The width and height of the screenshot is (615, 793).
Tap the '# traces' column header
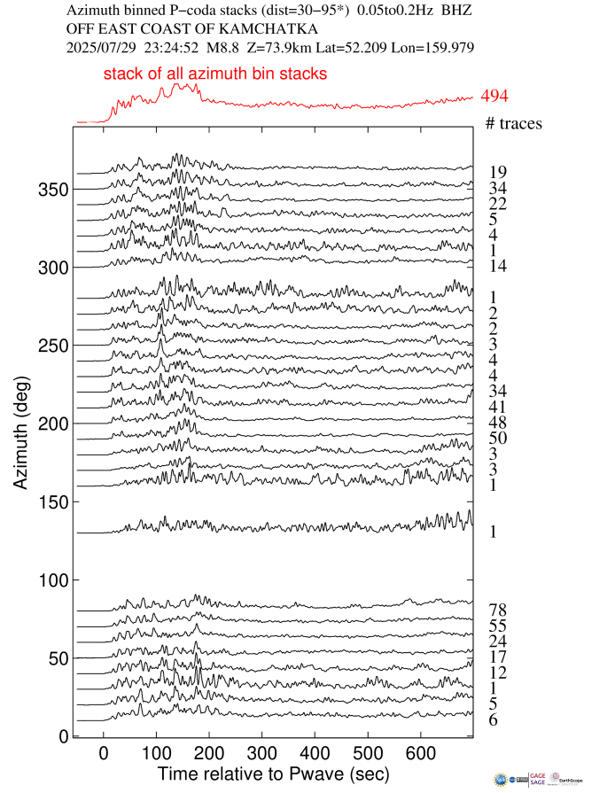(x=514, y=123)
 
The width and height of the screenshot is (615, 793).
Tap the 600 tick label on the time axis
(x=526, y=753)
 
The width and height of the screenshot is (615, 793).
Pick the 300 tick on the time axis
(x=262, y=753)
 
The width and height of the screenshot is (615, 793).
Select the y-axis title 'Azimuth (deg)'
(x=21, y=431)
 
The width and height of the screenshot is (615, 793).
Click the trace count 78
(x=497, y=610)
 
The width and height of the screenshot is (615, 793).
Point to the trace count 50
(x=497, y=439)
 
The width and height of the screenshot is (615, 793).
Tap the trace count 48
(x=497, y=423)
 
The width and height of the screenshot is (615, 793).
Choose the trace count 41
(x=497, y=407)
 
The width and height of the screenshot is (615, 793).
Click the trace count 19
(x=497, y=172)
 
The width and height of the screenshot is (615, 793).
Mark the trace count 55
(x=497, y=626)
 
